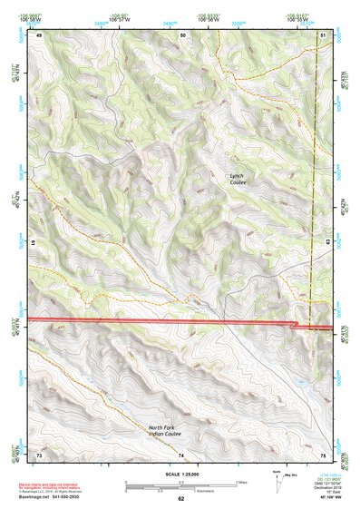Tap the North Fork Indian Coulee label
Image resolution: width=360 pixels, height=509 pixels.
[x=172, y=429]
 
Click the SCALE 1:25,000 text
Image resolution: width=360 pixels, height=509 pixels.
[x=180, y=474]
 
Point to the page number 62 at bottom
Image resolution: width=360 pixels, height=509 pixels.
[x=180, y=499]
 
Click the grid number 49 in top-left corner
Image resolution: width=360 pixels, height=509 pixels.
[x=39, y=34]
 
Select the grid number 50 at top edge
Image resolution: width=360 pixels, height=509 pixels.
[x=182, y=34]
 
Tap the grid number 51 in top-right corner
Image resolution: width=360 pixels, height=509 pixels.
[x=324, y=34]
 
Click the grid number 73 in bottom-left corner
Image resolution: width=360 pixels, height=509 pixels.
[x=39, y=454]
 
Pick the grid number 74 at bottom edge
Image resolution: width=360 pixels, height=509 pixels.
[x=180, y=454]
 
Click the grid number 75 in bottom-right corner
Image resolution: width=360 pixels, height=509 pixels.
[x=323, y=454]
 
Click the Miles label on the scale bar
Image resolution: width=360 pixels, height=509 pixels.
[x=240, y=481]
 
